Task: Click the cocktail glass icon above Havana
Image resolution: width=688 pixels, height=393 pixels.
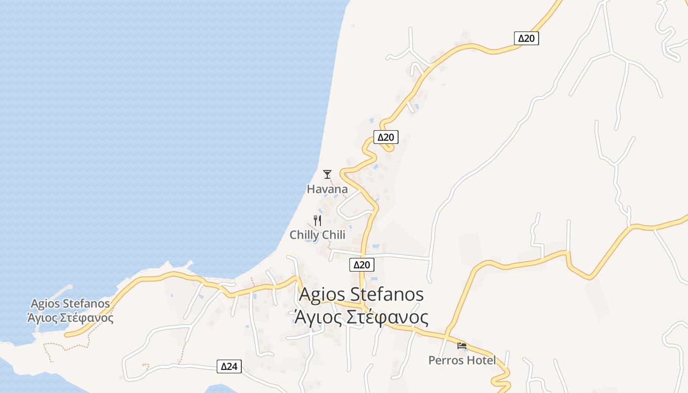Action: pyautogui.click(x=327, y=174)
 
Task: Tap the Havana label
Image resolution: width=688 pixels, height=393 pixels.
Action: pyautogui.click(x=327, y=189)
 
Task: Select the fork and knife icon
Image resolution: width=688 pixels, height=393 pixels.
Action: pyautogui.click(x=317, y=221)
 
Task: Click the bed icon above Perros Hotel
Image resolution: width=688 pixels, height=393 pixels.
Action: pyautogui.click(x=462, y=346)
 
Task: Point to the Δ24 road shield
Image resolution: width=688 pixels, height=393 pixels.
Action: pyautogui.click(x=229, y=366)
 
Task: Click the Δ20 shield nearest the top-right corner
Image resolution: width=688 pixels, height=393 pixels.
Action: pyautogui.click(x=526, y=38)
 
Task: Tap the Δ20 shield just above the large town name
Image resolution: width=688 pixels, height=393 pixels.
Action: pyautogui.click(x=362, y=265)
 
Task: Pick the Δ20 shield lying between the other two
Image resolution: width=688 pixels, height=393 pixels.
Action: pyautogui.click(x=386, y=137)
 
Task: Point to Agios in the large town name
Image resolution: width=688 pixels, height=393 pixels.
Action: pyautogui.click(x=323, y=294)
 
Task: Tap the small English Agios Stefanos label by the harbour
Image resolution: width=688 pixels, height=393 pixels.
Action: pyautogui.click(x=70, y=304)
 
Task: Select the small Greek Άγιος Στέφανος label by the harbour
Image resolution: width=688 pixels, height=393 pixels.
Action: pyautogui.click(x=70, y=318)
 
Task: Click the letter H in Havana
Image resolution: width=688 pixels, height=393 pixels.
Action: pyautogui.click(x=311, y=189)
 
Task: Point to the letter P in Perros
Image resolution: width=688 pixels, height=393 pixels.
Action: pyautogui.click(x=431, y=361)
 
